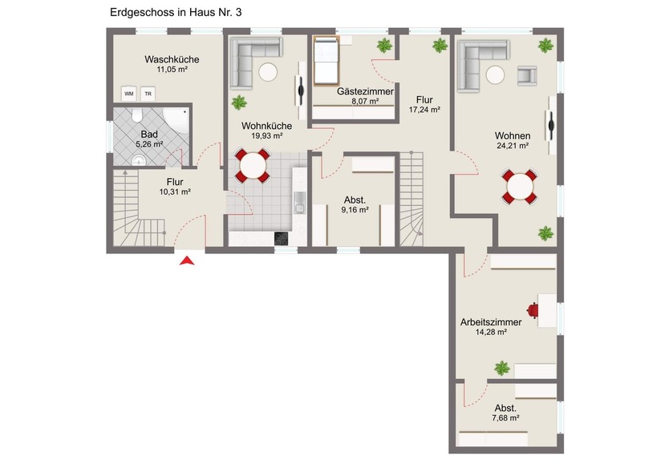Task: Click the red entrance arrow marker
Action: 187,260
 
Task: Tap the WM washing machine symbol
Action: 128,93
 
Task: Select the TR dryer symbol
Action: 147,93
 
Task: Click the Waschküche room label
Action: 172,59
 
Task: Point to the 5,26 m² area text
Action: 149,144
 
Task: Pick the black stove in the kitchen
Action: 281,237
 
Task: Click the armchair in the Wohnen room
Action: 527,76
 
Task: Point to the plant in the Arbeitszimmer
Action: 501,368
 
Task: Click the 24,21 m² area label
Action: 512,146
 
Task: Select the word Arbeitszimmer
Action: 490,322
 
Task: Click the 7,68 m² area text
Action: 505,418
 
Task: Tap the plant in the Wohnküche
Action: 239,103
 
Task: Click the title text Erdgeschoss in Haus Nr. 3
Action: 175,13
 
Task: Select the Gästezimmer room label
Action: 353,92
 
